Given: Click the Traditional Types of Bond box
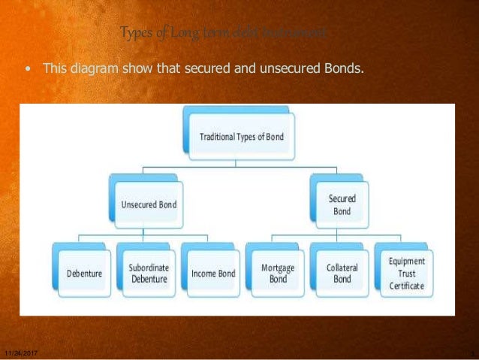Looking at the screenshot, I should point(241,138).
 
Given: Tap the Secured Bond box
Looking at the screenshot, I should point(342,204).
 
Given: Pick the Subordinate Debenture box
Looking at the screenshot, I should point(149,273).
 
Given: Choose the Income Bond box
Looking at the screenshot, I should point(213,274).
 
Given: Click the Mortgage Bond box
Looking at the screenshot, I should point(278,273).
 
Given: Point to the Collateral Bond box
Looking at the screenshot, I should point(342,273).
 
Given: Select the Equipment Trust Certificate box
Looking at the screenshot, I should point(406,273).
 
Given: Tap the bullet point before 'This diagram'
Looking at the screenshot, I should point(29,69).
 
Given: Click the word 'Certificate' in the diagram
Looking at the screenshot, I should point(406,286).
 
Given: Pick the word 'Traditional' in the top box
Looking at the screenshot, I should point(220,138).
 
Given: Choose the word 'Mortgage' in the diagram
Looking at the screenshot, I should point(278,268).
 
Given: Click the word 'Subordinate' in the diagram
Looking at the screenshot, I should point(149,268).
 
